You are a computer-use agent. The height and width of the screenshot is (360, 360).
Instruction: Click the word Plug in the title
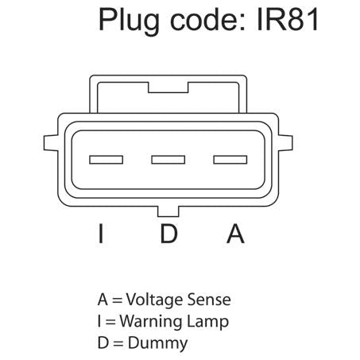click(129, 21)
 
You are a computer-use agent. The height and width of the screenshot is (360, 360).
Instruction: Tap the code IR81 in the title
click(288, 19)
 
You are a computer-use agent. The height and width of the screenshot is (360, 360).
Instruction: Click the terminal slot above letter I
click(106, 160)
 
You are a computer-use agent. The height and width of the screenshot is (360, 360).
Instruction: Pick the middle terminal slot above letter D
click(168, 160)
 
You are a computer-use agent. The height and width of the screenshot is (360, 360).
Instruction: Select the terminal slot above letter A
click(230, 160)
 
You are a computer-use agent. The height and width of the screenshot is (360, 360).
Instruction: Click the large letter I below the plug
click(101, 234)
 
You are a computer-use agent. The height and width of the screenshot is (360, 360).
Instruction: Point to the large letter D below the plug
click(168, 234)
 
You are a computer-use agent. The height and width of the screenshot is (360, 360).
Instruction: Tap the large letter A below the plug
click(235, 234)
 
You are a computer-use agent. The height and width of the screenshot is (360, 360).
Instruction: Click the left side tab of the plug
click(51, 143)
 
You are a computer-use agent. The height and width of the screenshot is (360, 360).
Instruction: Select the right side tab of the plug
click(285, 143)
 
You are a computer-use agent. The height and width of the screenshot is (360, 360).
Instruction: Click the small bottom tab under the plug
click(168, 211)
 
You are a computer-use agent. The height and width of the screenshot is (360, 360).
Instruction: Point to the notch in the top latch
click(168, 87)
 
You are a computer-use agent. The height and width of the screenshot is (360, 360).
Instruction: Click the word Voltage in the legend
click(154, 300)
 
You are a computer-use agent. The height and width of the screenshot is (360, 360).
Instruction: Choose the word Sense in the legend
click(209, 300)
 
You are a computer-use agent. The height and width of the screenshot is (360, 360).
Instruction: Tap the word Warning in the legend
click(151, 322)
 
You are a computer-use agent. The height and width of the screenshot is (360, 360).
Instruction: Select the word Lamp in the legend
click(207, 322)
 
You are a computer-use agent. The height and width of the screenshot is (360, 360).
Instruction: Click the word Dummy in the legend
click(158, 343)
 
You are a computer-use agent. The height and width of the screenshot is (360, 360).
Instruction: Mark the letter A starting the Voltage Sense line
click(103, 300)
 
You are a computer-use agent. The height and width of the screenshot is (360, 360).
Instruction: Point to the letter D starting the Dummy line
click(103, 343)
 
